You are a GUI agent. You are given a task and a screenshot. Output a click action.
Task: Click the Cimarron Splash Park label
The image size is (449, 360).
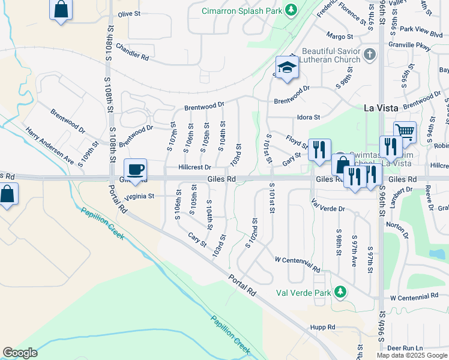(241, 10)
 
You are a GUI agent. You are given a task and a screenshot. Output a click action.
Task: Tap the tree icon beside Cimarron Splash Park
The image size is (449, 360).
(291, 10)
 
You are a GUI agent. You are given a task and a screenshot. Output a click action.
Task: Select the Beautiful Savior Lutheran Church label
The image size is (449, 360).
(331, 55)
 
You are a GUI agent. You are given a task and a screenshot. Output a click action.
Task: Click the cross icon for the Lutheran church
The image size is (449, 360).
(370, 55)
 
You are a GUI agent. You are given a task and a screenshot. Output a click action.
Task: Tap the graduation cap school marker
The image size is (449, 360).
(287, 68)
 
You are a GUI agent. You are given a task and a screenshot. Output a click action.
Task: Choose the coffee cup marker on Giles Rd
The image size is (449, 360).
(135, 170)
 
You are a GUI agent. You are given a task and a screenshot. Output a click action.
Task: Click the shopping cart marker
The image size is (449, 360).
(405, 132)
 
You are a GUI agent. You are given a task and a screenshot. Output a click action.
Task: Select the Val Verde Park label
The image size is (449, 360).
(303, 293)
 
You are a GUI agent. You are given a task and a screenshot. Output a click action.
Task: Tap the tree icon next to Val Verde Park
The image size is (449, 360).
(340, 292)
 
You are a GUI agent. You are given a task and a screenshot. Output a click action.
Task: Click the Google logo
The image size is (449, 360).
(20, 352)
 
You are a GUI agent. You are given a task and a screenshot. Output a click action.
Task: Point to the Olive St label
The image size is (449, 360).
(129, 13)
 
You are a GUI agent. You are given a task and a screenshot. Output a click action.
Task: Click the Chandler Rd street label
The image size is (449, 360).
(132, 52)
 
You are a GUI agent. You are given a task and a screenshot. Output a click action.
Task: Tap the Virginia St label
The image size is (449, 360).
(139, 196)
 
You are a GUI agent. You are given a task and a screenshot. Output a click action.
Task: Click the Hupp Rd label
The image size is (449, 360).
(323, 327)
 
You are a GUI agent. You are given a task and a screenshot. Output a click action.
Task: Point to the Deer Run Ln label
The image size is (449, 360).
(405, 347)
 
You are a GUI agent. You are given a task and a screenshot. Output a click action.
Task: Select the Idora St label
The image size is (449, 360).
(309, 118)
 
